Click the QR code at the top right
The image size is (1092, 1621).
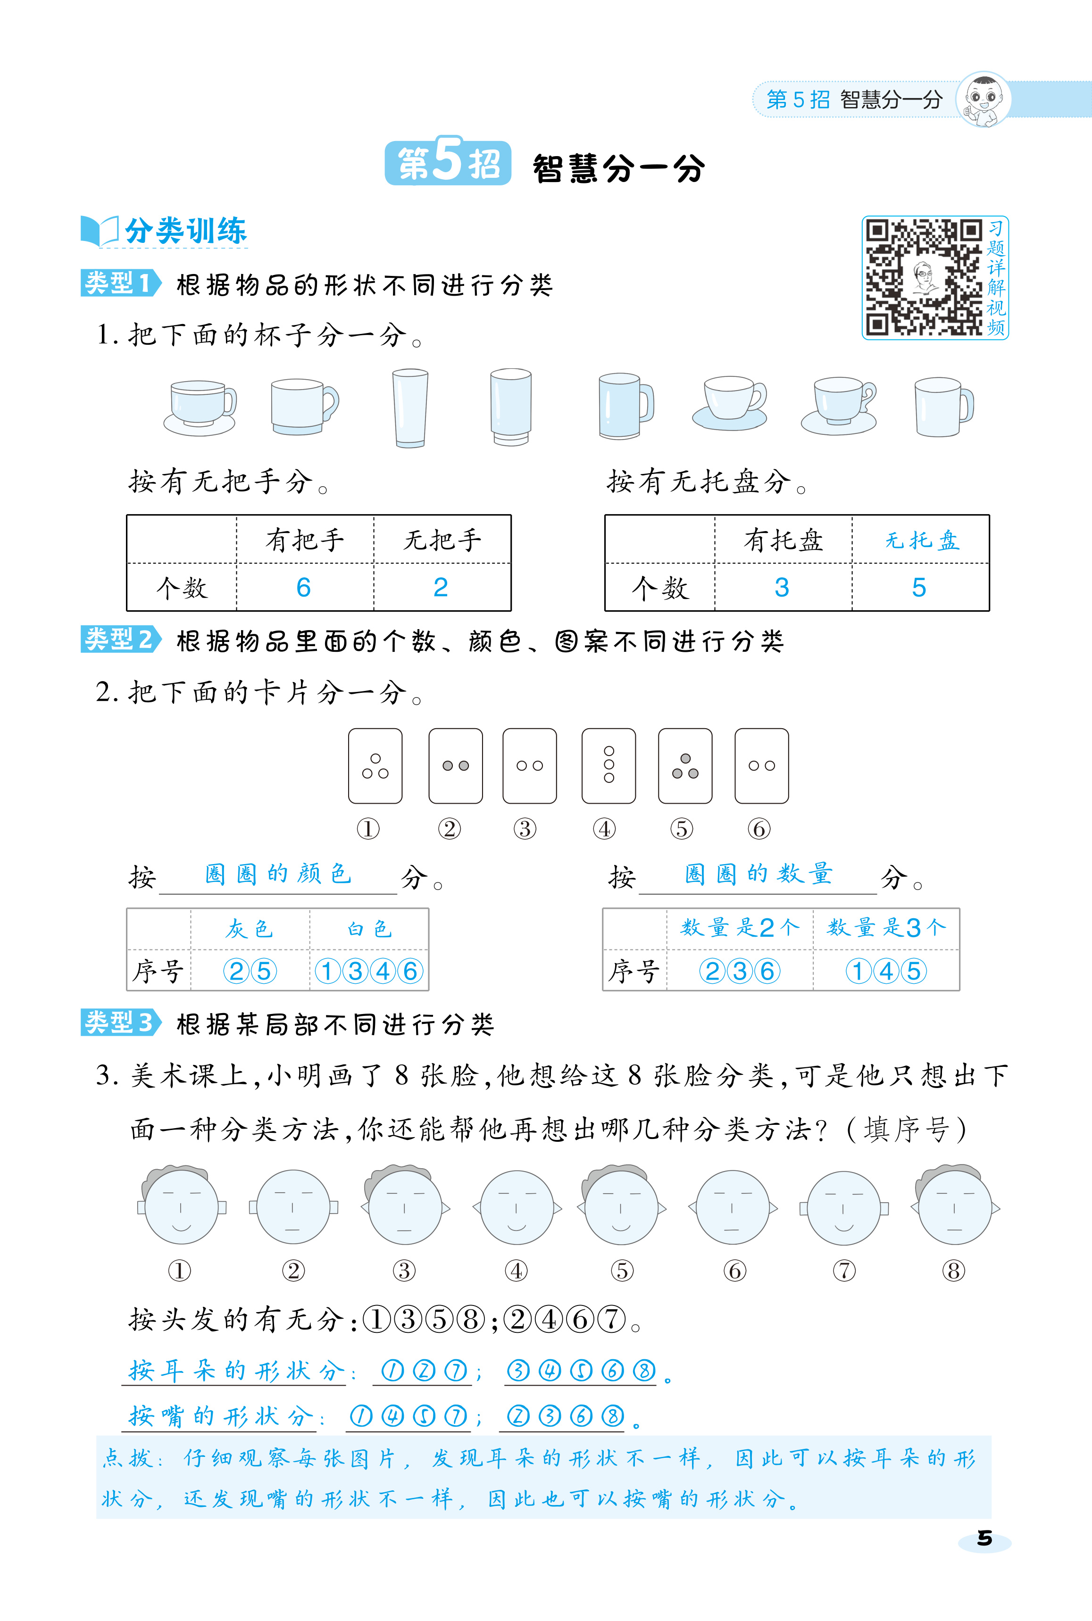click(923, 277)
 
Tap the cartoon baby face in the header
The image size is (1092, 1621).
click(984, 100)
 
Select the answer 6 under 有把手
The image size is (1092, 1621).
click(304, 588)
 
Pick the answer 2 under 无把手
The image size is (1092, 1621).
click(440, 588)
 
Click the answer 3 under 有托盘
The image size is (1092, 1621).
click(782, 588)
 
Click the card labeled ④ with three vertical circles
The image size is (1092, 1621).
click(609, 765)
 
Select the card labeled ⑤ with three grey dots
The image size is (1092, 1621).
click(685, 765)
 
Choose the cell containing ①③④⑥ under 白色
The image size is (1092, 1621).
click(368, 971)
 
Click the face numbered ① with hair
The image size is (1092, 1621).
click(180, 1205)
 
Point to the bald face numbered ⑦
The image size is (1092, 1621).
click(843, 1207)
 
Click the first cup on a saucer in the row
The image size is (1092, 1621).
click(200, 408)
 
